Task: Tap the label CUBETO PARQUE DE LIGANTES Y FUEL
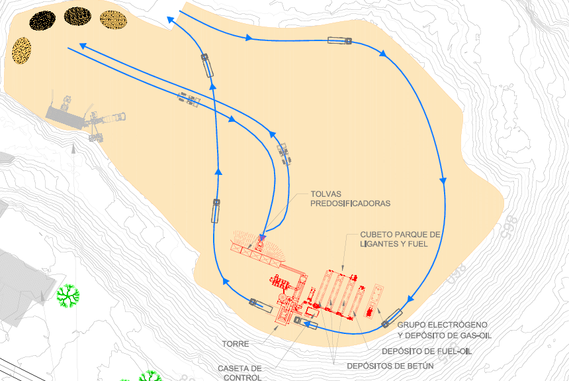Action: [x=400, y=239]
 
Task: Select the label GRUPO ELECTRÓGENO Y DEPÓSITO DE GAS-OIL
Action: [x=444, y=330]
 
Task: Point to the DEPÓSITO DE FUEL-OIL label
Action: [x=427, y=351]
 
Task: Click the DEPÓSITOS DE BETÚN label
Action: [x=390, y=365]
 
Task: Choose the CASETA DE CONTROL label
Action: [x=240, y=372]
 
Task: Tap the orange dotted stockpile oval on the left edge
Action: [x=22, y=50]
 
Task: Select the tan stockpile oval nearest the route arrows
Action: [x=113, y=21]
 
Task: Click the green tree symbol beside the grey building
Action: [x=67, y=296]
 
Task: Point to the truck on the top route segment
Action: [x=339, y=41]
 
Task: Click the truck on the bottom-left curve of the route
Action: [x=261, y=306]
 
